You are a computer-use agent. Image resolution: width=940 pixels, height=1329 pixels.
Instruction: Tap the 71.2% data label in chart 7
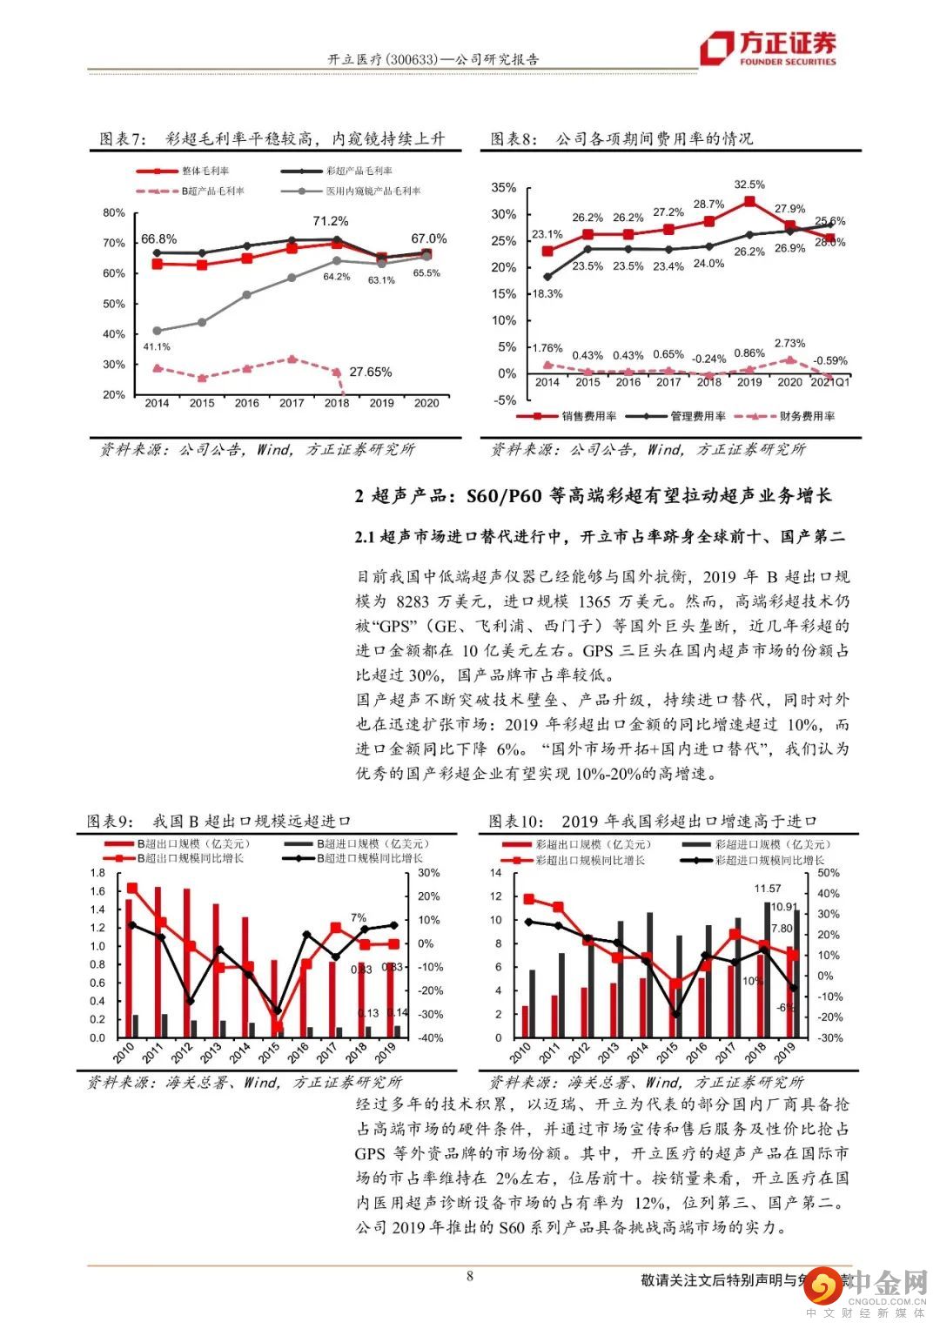click(x=330, y=221)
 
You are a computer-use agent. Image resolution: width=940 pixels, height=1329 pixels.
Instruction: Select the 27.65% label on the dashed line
click(x=370, y=373)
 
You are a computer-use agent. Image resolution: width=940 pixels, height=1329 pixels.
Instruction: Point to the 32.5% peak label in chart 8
click(x=749, y=185)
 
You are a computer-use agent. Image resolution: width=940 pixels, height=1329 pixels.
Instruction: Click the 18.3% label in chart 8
click(x=547, y=294)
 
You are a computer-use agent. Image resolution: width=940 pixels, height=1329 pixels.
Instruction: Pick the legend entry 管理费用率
click(x=697, y=416)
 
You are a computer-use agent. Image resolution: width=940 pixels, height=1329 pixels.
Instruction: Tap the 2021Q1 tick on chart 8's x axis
click(x=830, y=382)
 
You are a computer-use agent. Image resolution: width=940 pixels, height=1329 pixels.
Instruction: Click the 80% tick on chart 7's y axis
click(x=113, y=212)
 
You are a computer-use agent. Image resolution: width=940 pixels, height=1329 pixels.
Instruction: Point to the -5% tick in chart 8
click(x=506, y=400)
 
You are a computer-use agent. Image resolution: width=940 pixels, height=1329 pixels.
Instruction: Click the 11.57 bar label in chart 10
click(x=768, y=889)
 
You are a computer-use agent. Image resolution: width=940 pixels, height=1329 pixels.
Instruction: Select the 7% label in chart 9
click(x=359, y=917)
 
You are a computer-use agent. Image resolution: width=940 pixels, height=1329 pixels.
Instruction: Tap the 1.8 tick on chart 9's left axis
click(x=97, y=873)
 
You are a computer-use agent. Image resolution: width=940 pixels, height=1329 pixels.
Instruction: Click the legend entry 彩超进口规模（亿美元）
click(x=772, y=844)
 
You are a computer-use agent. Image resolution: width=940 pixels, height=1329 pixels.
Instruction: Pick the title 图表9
click(x=111, y=821)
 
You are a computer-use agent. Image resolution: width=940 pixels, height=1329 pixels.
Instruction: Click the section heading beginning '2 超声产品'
click(x=593, y=496)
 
